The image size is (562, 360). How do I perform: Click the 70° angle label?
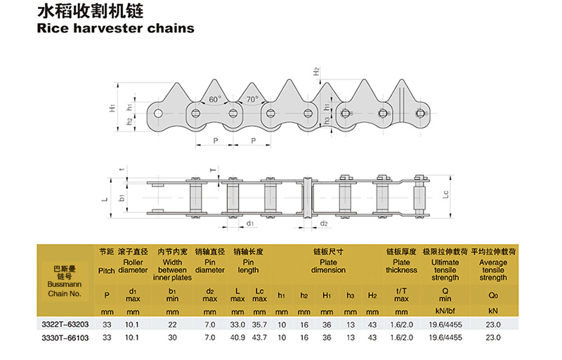pyautogui.click(x=251, y=100)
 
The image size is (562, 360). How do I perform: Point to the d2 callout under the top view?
pyautogui.click(x=324, y=224)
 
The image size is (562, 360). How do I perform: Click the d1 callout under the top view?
pyautogui.click(x=250, y=224)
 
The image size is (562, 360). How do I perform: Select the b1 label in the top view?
pyautogui.click(x=122, y=199)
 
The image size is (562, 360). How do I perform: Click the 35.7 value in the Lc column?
pyautogui.click(x=259, y=324)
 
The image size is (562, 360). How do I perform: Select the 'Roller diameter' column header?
pyautogui.click(x=133, y=266)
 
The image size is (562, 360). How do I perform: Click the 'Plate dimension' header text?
pyautogui.click(x=328, y=266)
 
